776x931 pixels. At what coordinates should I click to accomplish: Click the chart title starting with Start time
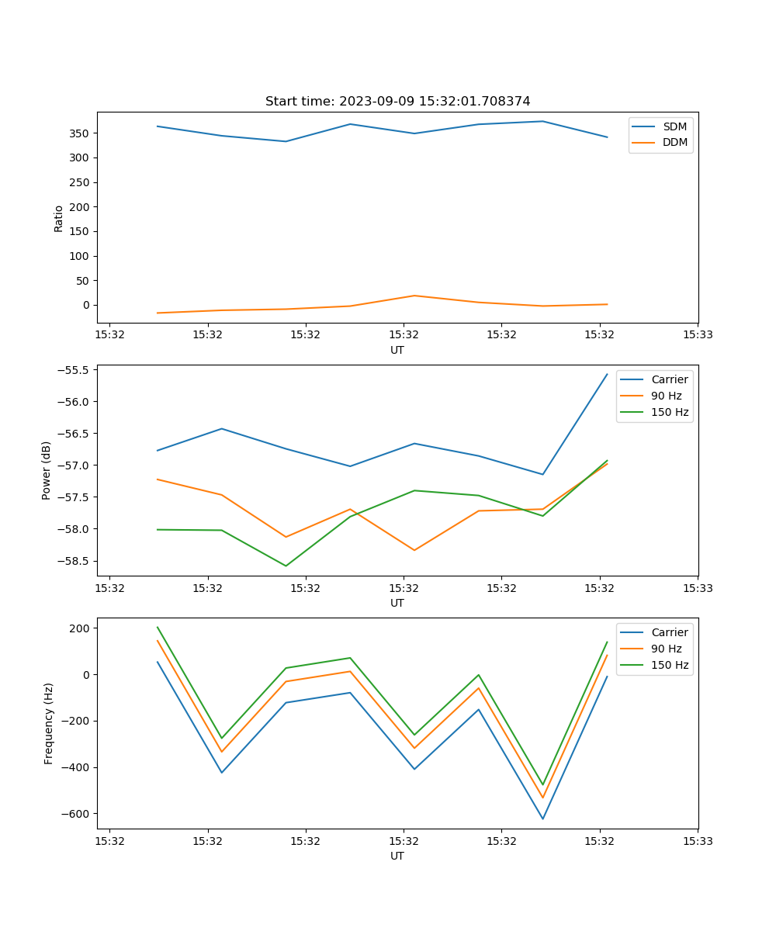click(397, 102)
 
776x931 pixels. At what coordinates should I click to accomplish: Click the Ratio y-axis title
click(59, 218)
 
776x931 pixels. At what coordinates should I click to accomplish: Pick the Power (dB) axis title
click(47, 470)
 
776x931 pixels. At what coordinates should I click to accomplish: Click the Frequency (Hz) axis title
click(48, 723)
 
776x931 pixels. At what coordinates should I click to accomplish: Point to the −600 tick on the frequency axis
click(76, 814)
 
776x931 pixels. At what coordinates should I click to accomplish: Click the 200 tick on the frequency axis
click(81, 628)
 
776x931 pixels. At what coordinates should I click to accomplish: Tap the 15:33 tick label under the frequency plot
click(697, 841)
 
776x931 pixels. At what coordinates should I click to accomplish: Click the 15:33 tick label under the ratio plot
click(697, 335)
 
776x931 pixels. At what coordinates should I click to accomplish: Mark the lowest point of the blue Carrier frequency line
click(542, 819)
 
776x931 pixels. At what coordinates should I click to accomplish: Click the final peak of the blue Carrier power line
click(607, 374)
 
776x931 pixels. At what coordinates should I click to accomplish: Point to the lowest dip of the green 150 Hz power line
click(286, 566)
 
